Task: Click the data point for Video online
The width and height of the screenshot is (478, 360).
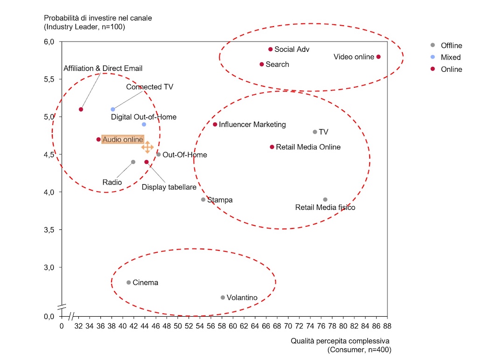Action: pyautogui.click(x=378, y=57)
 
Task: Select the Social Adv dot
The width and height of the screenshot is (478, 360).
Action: pyautogui.click(x=270, y=49)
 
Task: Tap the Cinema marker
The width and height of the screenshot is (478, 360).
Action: pyautogui.click(x=128, y=283)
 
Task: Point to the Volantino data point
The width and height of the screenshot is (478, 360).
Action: pyautogui.click(x=223, y=298)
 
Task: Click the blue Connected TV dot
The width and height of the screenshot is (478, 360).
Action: pyautogui.click(x=113, y=110)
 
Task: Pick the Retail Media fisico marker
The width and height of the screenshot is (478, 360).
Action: pyautogui.click(x=325, y=200)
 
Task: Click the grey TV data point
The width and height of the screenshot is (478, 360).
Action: pyautogui.click(x=315, y=132)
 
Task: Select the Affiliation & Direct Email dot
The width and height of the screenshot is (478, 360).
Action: pyautogui.click(x=81, y=110)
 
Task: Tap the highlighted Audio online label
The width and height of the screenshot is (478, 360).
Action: pyautogui.click(x=123, y=139)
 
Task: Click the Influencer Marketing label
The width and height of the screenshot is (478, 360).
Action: pyautogui.click(x=252, y=125)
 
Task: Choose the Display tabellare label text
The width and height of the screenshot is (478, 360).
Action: pyautogui.click(x=169, y=187)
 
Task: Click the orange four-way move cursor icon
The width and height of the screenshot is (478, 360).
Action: pyautogui.click(x=147, y=147)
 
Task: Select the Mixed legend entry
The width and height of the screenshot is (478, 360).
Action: pyautogui.click(x=450, y=57)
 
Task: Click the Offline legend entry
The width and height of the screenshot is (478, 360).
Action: pyautogui.click(x=451, y=45)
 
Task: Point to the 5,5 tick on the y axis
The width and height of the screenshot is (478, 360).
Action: pyautogui.click(x=49, y=79)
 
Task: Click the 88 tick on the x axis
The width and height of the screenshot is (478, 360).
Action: pyautogui.click(x=387, y=326)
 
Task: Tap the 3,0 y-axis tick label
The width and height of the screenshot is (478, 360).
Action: pyautogui.click(x=49, y=267)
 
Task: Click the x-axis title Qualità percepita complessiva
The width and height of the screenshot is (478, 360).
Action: pyautogui.click(x=340, y=341)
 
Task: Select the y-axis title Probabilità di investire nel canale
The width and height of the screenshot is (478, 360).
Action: pyautogui.click(x=98, y=18)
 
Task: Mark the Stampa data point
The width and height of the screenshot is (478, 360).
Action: pyautogui.click(x=203, y=200)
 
